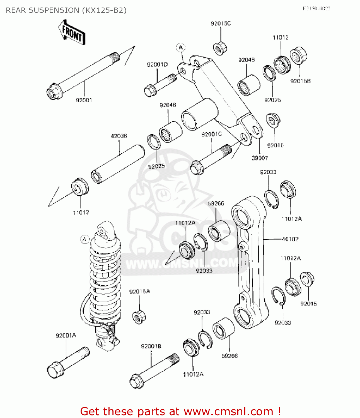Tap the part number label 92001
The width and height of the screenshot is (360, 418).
tap(84, 100)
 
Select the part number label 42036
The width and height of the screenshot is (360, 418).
tap(119, 136)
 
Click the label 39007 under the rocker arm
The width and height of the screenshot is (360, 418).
tap(260, 158)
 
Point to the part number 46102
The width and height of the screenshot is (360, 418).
tap(290, 239)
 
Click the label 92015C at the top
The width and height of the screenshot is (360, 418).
tap(221, 24)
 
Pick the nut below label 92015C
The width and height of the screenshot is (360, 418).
tap(220, 48)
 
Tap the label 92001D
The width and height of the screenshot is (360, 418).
tap(157, 65)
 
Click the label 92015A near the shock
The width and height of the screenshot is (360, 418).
tap(139, 291)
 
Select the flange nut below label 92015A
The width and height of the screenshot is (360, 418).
tap(139, 317)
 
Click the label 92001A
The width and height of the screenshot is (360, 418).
tap(66, 336)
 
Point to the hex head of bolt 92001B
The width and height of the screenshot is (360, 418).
tap(136, 381)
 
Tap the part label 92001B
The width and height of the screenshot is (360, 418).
tap(151, 346)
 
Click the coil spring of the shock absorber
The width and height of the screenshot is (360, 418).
tap(105, 279)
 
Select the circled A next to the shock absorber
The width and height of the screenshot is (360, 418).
tap(85, 239)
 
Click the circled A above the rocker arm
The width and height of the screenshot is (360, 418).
tap(181, 48)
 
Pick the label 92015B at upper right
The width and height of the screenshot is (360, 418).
tap(300, 81)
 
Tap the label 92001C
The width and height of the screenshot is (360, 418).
tap(211, 134)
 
